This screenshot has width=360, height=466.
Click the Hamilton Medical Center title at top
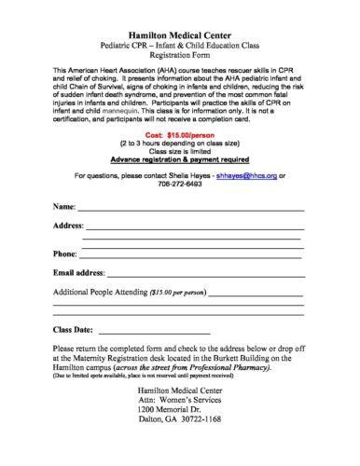[179, 32]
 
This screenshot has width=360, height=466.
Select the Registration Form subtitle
[179, 56]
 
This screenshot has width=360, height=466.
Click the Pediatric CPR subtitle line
[179, 45]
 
